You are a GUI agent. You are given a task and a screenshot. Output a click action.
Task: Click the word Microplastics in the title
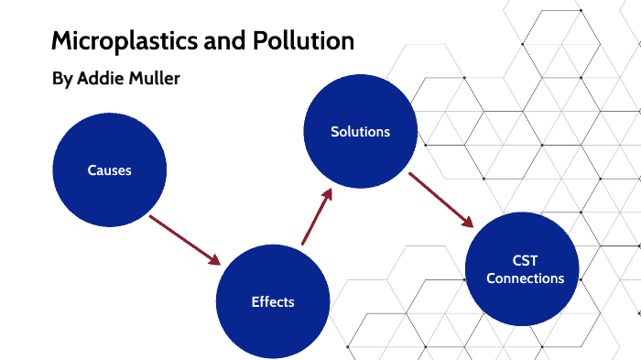(121, 41)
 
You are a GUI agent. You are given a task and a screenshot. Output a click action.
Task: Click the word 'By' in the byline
(62, 80)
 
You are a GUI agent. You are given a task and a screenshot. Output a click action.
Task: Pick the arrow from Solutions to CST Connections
(440, 199)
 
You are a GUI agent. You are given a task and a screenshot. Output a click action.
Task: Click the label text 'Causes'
(110, 170)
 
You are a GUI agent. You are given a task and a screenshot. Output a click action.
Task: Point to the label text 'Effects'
(273, 301)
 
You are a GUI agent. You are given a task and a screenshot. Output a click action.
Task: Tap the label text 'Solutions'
(360, 132)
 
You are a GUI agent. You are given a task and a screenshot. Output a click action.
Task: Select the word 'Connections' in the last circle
(525, 278)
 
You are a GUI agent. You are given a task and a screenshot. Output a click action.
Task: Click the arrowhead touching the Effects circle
(215, 258)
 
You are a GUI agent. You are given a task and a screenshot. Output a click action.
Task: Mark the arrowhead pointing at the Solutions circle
(326, 194)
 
